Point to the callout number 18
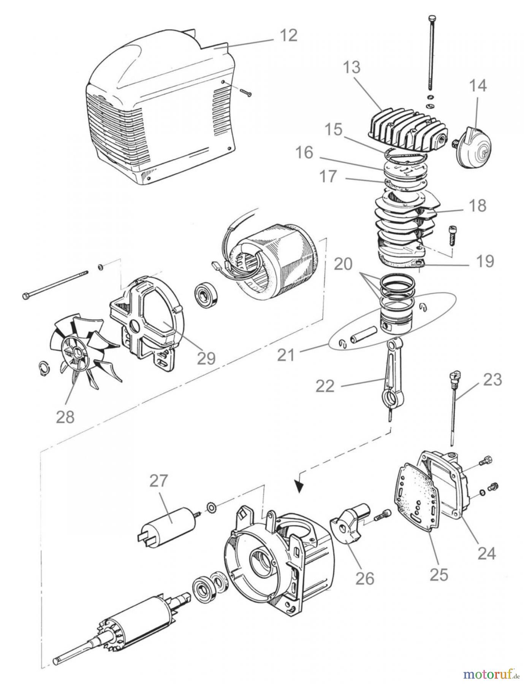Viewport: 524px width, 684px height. click(x=477, y=206)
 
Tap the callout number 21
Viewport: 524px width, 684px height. click(x=287, y=356)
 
